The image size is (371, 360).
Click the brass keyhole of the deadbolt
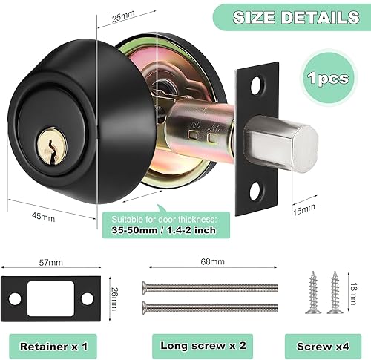click(x=52, y=146)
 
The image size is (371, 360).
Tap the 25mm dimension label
click(x=122, y=17)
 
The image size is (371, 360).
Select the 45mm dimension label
click(x=43, y=217)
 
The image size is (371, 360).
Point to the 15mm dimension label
click(x=304, y=210)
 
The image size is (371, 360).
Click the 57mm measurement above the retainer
click(x=51, y=262)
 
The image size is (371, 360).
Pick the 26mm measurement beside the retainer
click(x=114, y=298)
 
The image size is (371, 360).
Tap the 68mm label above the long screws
click(x=213, y=261)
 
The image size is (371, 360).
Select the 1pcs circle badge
click(x=328, y=78)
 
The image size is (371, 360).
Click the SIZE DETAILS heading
click(x=296, y=18)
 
